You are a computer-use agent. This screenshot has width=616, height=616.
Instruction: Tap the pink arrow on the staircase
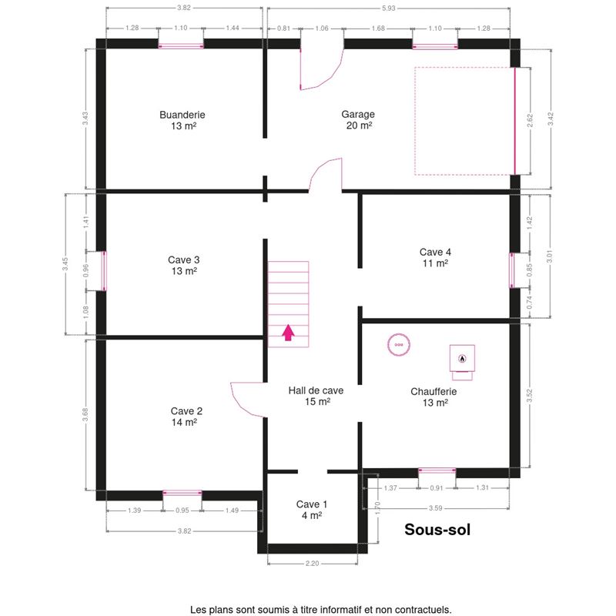(288, 333)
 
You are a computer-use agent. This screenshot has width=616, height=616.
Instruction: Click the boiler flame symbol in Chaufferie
(462, 358)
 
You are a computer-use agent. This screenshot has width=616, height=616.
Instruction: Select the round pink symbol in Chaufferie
(399, 344)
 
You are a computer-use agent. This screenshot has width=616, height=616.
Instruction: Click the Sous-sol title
(437, 530)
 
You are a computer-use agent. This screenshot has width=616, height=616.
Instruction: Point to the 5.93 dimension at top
(388, 8)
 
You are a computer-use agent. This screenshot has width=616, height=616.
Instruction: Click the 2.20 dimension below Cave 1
(313, 564)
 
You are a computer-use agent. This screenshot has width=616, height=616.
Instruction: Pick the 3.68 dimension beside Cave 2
(85, 415)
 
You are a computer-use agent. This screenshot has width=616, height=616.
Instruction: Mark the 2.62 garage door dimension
(530, 121)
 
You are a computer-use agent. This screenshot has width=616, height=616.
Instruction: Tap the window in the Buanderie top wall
(181, 46)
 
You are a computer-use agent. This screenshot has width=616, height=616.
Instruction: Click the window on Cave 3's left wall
(104, 271)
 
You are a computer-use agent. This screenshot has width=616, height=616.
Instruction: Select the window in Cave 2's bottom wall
(182, 493)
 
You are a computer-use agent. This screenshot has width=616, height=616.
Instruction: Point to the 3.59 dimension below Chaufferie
(435, 508)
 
